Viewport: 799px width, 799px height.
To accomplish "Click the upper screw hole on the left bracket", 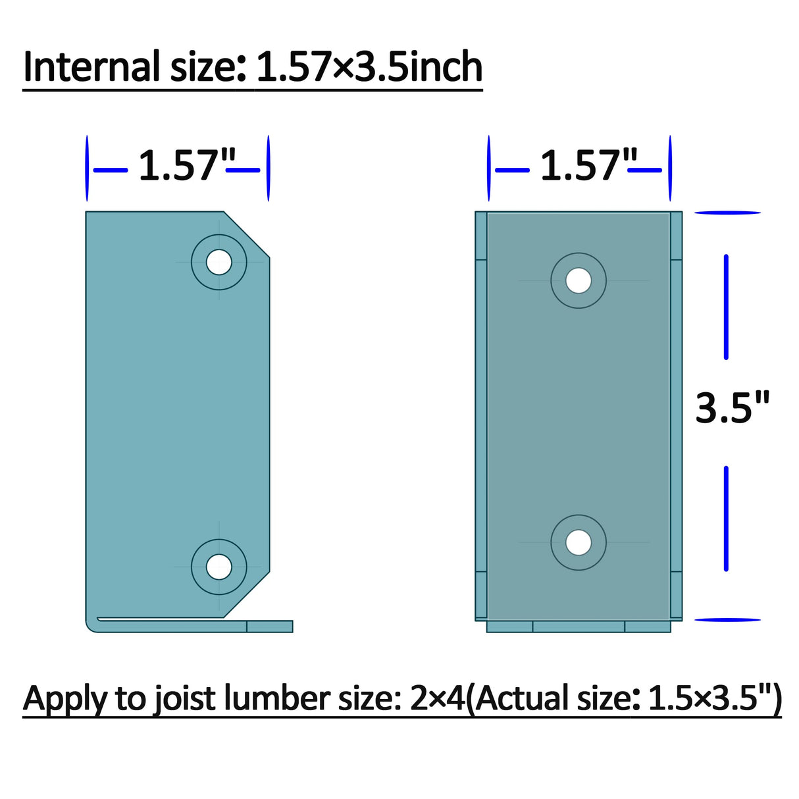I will pos(219,262).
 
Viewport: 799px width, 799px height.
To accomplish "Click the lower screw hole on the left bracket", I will pos(219,567).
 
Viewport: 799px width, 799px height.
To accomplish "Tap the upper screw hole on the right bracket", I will pos(579,280).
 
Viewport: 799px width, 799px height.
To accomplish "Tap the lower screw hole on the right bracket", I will pos(579,542).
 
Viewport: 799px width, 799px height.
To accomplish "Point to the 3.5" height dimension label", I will pos(732,407).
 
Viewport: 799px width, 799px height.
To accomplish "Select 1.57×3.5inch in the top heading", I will pos(369,67).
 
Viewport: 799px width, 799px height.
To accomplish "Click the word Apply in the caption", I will pos(64,699).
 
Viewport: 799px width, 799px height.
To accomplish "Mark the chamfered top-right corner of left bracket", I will pos(247,234).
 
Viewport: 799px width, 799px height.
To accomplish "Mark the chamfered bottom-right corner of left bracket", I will pos(247,594).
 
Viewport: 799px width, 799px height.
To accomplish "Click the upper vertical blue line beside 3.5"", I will pos(726,307).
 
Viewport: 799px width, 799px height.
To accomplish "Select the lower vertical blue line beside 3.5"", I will pos(726,518).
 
